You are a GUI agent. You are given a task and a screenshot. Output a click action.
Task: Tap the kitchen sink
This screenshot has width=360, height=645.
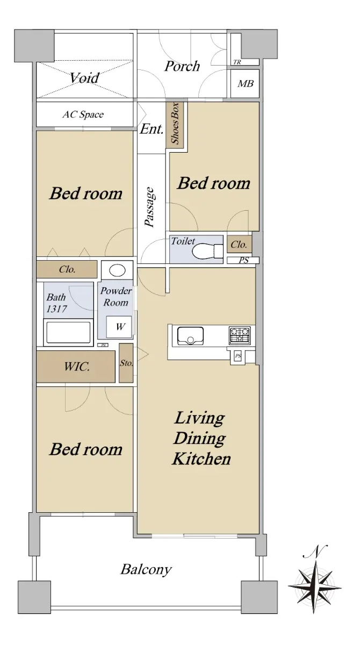[x=190, y=336]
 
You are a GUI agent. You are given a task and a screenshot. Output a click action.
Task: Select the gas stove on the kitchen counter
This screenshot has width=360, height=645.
[x=239, y=335]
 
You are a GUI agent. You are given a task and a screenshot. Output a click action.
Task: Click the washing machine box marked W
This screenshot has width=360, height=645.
[x=120, y=327]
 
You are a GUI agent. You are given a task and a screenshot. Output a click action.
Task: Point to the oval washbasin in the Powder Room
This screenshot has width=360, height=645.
[x=117, y=270]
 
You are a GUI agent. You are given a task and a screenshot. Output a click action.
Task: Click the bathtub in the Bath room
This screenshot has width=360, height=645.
[x=68, y=333]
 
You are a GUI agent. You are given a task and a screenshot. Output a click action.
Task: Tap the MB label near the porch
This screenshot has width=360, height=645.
[x=246, y=84]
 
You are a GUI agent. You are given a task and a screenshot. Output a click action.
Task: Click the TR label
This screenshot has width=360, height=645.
[x=237, y=62]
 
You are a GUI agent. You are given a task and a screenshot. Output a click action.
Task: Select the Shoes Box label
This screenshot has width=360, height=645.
[x=175, y=123]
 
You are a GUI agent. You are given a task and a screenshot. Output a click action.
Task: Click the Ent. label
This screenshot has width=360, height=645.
[x=152, y=129]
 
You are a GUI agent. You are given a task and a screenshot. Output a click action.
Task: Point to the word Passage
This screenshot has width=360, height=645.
[x=149, y=207]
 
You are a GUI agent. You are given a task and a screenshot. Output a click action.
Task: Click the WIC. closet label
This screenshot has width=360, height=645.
[x=77, y=367]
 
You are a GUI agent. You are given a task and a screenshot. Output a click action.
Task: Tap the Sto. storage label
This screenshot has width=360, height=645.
[x=126, y=363]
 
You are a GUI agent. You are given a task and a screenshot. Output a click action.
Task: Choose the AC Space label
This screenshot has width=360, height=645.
[x=83, y=114]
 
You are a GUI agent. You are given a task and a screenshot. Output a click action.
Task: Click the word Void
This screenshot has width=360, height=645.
[x=84, y=78]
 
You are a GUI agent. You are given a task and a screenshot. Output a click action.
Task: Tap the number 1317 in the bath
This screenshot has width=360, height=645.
[x=57, y=309]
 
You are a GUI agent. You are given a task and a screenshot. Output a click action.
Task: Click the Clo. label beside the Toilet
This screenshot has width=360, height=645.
[x=239, y=245]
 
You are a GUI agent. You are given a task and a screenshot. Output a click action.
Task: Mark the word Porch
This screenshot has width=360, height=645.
[x=182, y=66]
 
